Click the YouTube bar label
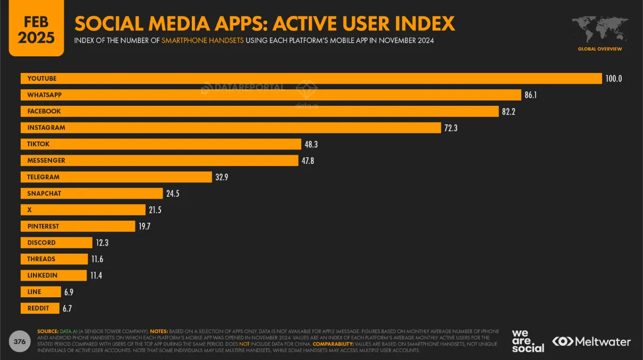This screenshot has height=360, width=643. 42,79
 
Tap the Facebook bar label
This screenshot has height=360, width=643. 44,112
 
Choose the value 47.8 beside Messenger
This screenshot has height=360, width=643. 308,161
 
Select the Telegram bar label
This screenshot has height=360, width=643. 44,177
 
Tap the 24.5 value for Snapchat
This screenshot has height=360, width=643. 172,194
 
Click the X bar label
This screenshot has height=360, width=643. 30,210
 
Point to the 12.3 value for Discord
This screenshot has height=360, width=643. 102,243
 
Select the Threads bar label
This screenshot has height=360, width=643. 41,259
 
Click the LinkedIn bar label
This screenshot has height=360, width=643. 43,275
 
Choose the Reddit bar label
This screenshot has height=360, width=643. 38,308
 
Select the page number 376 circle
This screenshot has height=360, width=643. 20,341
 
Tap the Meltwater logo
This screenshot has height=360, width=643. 591,341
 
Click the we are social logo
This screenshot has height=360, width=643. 528,341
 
